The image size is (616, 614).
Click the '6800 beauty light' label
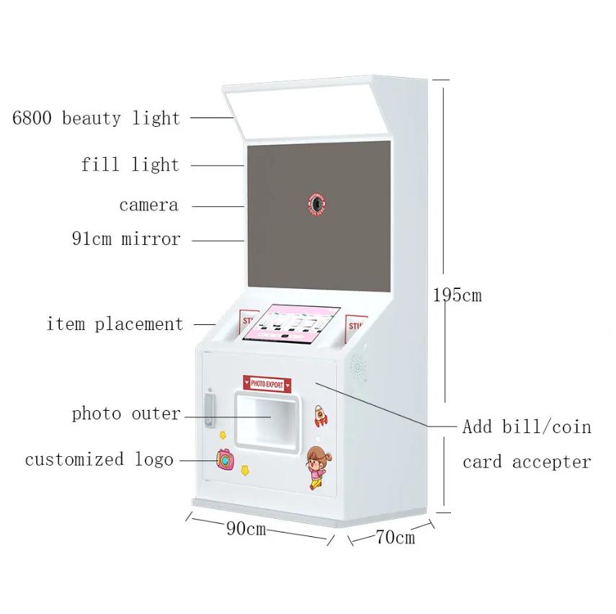pos(96,117)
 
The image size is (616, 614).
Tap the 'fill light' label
pos(130,164)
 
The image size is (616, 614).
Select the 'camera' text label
pos(148,205)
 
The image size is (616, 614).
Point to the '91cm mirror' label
pos(126,239)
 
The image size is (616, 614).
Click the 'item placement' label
pos(115,324)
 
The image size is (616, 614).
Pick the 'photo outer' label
pos(126,414)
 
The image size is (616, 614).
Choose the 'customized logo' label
pos(99,459)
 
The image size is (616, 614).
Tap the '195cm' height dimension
pos(457,295)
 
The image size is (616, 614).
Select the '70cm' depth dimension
pos(395,538)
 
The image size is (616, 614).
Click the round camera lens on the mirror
pos(317,204)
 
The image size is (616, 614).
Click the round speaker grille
pos(357,368)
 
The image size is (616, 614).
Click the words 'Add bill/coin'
pos(527,427)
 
